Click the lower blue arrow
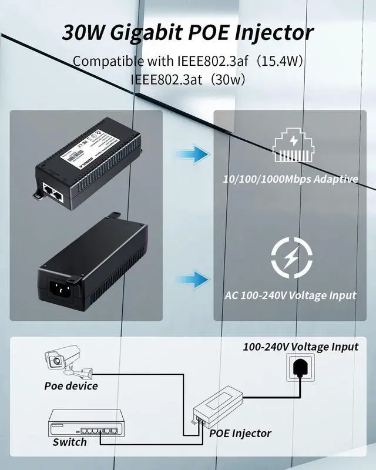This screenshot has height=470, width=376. pos(193,278)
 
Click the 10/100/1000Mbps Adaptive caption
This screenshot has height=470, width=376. pos(291,179)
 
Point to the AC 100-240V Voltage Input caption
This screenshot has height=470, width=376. pos(291,295)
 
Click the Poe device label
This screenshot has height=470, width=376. pos(71,386)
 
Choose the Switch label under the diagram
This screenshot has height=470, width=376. pos(70,442)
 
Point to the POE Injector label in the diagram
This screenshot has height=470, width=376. pos(240,434)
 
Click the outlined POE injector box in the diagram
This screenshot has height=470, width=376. pos(224,406)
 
